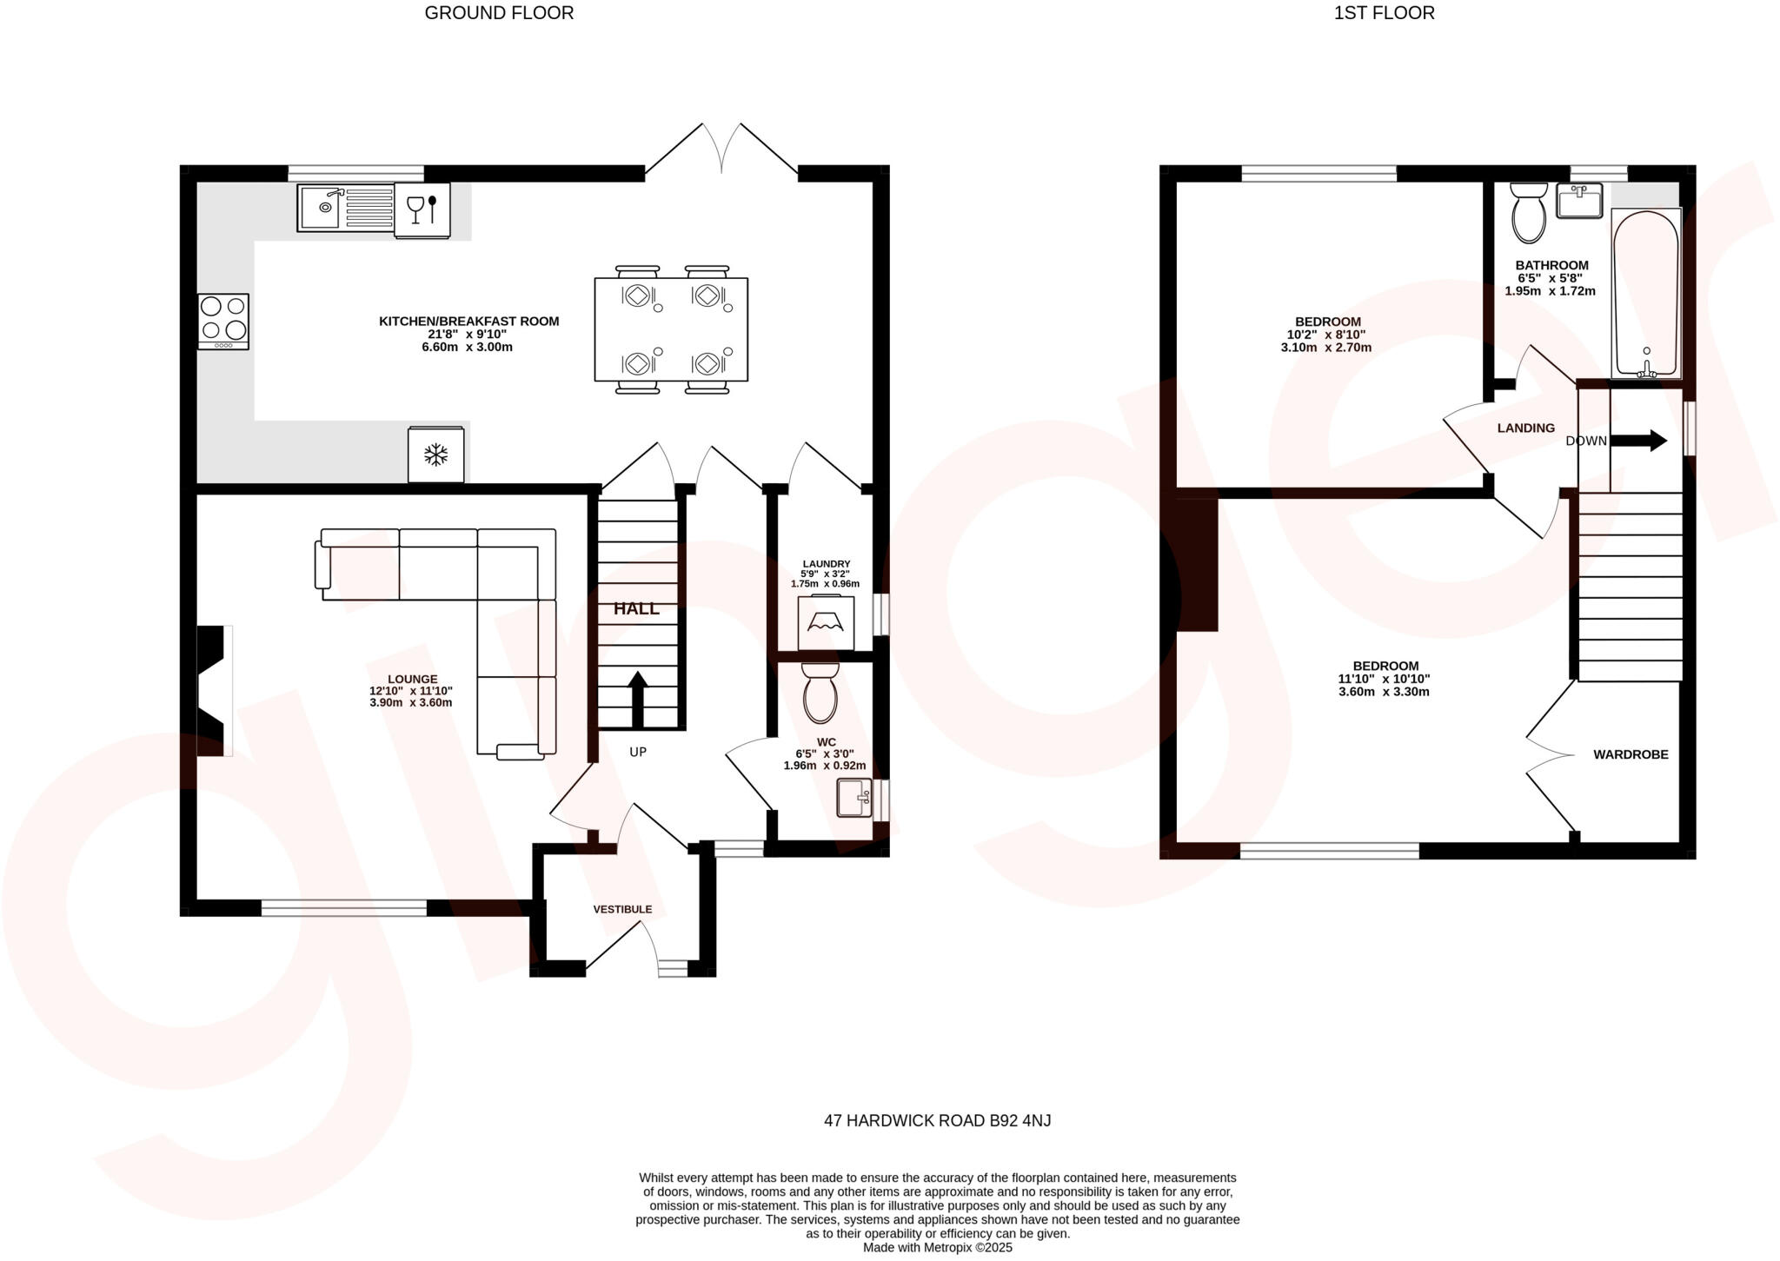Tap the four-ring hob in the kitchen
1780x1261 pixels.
click(x=223, y=322)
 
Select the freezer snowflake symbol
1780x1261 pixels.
click(x=436, y=454)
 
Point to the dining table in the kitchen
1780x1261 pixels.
click(x=671, y=329)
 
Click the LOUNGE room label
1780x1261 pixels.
click(x=412, y=679)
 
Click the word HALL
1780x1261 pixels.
click(x=636, y=609)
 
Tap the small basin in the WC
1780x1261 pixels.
click(x=853, y=798)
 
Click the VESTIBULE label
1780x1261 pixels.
click(x=622, y=909)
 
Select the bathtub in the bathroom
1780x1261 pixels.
click(x=1646, y=293)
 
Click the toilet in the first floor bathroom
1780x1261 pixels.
click(x=1529, y=213)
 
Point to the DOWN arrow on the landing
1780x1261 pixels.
click(x=1638, y=441)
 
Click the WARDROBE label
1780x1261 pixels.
click(x=1631, y=754)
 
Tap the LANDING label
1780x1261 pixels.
click(x=1525, y=428)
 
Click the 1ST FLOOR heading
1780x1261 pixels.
click(x=1384, y=13)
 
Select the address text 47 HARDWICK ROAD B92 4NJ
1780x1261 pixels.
click(x=937, y=1120)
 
